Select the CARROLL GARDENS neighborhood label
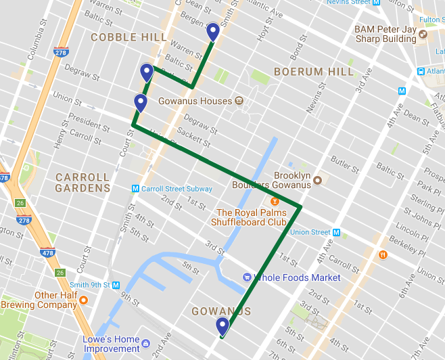[x=83, y=183]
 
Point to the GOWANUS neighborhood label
[x=221, y=311]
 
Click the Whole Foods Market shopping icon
[x=247, y=277]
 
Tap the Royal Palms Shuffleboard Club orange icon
[x=275, y=201]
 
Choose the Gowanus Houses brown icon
[x=239, y=102]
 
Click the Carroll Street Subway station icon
[x=135, y=189]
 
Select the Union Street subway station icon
[x=336, y=233]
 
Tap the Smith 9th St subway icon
[x=116, y=285]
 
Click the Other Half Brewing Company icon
[x=84, y=300]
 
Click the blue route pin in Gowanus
[x=222, y=327]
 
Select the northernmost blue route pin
[x=212, y=32]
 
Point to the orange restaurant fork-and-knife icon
[x=383, y=254]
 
